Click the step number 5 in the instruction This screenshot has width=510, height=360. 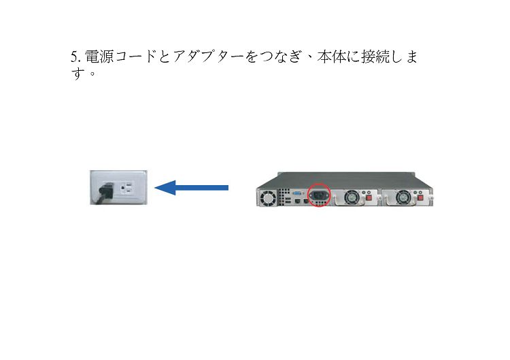[x=74, y=57]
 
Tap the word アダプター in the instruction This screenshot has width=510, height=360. [x=208, y=56]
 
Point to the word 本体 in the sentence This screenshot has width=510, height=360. [x=332, y=56]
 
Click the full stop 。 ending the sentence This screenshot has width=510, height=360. [x=92, y=74]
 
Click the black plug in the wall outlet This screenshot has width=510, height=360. [x=105, y=193]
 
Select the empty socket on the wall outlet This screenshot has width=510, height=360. [x=127, y=188]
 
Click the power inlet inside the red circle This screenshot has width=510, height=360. [x=319, y=195]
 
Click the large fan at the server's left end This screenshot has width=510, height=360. [x=268, y=198]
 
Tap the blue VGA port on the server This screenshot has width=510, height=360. [x=297, y=193]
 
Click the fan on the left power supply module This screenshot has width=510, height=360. [x=352, y=197]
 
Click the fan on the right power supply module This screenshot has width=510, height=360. [x=404, y=197]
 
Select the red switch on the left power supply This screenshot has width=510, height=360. [x=369, y=197]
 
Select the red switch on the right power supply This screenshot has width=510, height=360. [x=420, y=197]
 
